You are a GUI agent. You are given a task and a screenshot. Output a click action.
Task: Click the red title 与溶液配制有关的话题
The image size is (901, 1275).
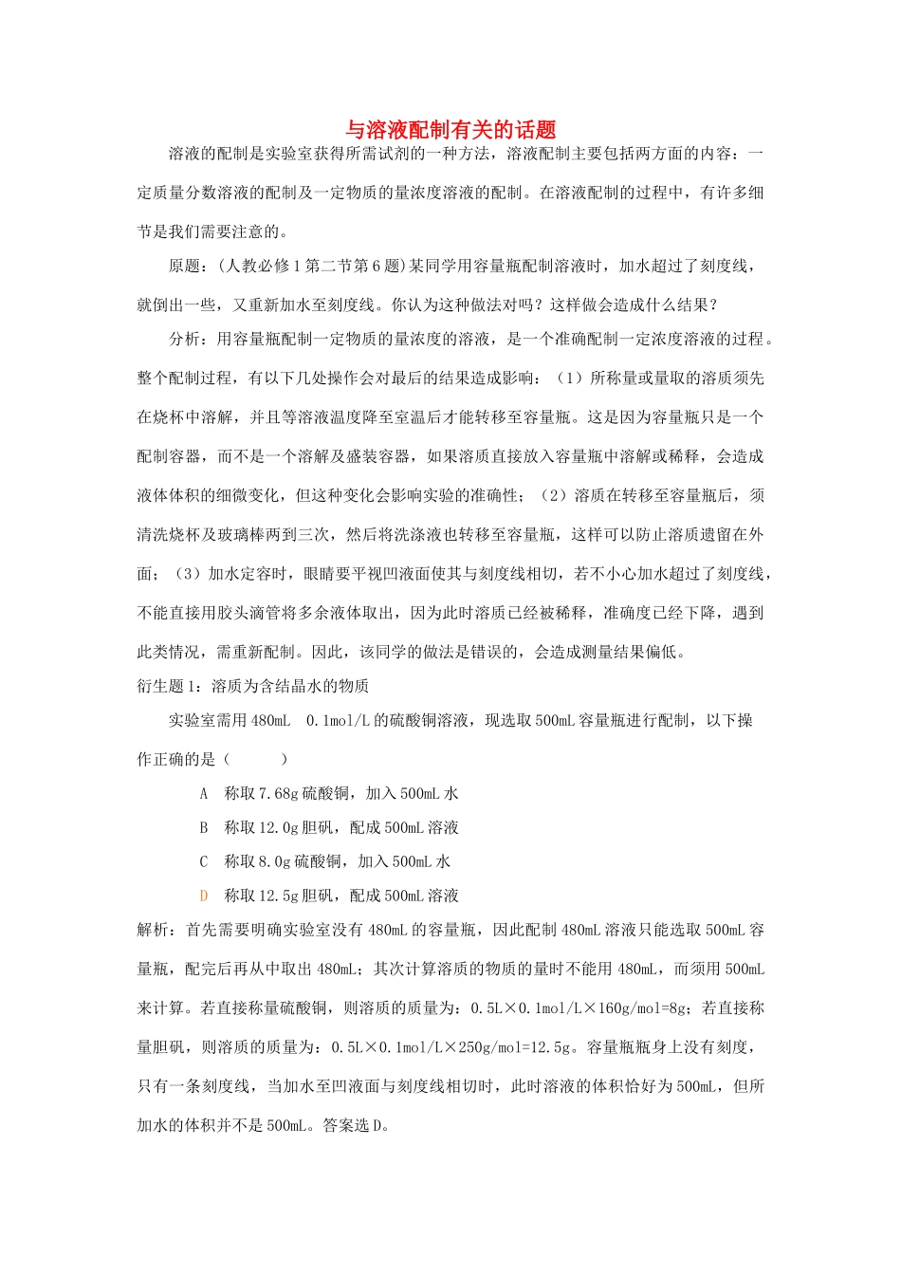450,130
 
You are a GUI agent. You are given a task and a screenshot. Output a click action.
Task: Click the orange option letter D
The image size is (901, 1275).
203,896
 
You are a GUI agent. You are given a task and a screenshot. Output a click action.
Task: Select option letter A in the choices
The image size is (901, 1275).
203,793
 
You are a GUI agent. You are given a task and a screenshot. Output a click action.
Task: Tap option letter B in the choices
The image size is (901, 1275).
203,827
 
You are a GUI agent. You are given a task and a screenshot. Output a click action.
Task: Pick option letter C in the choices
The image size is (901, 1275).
203,861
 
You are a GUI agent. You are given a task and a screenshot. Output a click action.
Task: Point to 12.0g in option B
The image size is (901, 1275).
278,827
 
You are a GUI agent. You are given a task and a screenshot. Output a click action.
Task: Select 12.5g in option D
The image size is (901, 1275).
278,896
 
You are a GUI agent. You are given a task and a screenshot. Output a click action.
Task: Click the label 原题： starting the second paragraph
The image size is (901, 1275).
188,266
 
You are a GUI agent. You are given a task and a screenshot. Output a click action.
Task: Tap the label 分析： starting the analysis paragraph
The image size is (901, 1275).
188,339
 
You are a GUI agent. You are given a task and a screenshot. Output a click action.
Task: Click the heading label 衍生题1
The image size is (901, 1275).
169,686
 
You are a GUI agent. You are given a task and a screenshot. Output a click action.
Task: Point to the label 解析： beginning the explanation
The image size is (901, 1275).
156,930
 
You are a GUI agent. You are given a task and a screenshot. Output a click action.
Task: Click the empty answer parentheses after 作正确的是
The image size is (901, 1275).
255,759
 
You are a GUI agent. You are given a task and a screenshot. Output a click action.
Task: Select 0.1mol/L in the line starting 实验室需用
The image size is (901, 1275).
339,720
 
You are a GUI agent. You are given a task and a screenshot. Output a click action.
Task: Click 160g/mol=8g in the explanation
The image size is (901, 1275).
645,1007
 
